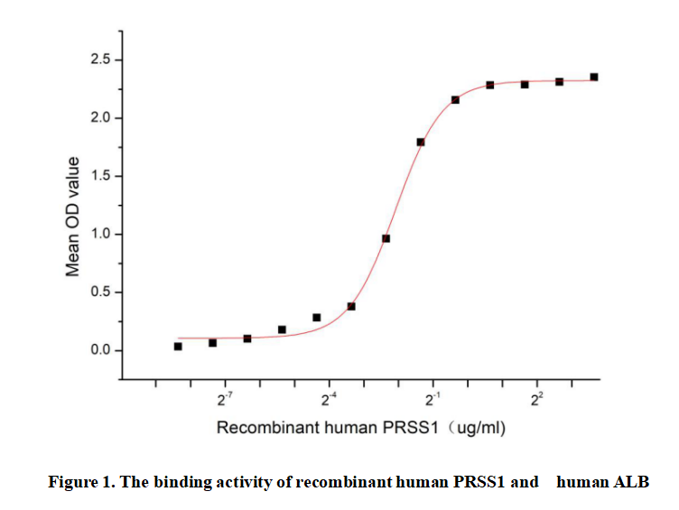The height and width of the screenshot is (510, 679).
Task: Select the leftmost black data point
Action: tap(178, 347)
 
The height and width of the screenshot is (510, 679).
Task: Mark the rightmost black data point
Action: tap(594, 78)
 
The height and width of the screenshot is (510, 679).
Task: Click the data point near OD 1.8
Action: tap(421, 143)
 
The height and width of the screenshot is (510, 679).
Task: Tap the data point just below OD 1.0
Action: tap(386, 238)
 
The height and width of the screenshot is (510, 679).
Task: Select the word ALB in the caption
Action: tap(632, 481)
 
